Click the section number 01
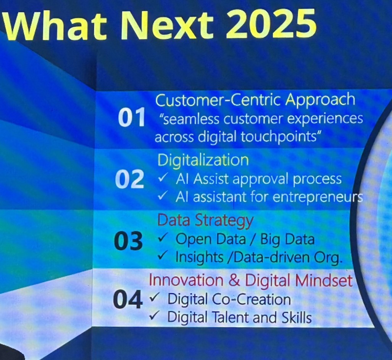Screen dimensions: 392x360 (132, 117)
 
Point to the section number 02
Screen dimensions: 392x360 (129, 179)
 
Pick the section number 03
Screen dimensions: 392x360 (129, 241)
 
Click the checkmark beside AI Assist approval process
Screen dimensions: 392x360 (163, 178)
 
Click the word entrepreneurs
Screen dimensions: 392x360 (318, 198)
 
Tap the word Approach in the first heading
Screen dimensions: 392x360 (320, 100)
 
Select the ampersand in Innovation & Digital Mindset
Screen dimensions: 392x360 (234, 280)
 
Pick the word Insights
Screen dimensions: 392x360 (199, 257)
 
